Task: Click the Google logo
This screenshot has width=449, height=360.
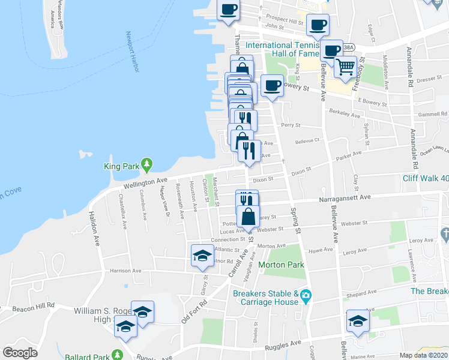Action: tap(20, 353)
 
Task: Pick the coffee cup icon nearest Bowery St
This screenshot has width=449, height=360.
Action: tap(272, 86)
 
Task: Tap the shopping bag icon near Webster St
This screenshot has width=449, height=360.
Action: tap(248, 217)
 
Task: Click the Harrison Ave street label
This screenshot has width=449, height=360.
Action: tap(125, 271)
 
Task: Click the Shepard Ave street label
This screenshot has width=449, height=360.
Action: tap(363, 292)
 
